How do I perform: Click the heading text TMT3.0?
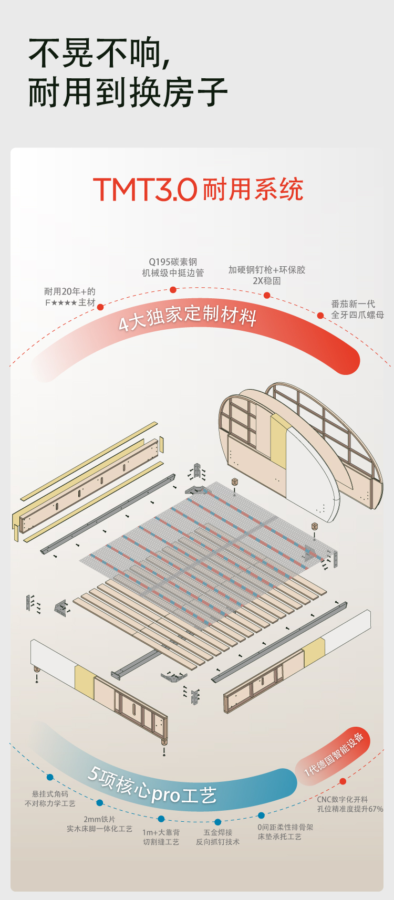coord(145,190)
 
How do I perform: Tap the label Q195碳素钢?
coord(173,261)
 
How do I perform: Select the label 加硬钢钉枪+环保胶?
coord(266,270)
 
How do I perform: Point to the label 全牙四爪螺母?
coord(357,315)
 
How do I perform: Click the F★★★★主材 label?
coord(70,302)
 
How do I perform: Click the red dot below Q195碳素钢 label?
coord(173,289)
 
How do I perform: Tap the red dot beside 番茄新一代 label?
coord(320,316)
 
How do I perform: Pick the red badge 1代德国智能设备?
coord(334,754)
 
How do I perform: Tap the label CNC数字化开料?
coord(342,799)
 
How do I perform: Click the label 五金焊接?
coord(217,832)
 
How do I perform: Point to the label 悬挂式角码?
coord(50,794)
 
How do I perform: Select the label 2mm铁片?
coord(99,819)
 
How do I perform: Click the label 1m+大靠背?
coord(161,832)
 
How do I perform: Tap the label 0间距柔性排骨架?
coord(285,827)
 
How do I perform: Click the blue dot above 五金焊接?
coord(217,822)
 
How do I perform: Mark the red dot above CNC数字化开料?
coord(343,781)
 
